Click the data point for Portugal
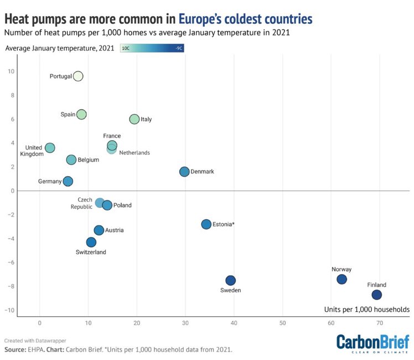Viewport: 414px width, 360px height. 78,76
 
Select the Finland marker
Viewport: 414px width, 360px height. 376,295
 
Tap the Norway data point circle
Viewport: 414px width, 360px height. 341,280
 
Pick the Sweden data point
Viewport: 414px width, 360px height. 231,281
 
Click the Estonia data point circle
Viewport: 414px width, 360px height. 206,224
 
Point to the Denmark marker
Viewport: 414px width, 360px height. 184,172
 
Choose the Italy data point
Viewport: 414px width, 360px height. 134,119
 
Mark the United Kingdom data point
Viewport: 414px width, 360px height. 50,148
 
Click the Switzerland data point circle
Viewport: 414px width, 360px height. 91,242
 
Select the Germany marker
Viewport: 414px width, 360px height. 68,181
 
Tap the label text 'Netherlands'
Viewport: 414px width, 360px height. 134,153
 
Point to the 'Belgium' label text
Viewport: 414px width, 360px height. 89,160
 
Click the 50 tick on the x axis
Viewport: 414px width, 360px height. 282,322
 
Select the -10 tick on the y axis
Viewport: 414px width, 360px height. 10,310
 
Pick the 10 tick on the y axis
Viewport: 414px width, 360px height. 11,71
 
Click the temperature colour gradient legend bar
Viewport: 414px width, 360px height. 152,49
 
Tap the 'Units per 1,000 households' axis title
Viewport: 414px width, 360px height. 366,309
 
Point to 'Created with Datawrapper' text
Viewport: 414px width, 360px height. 31,340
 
